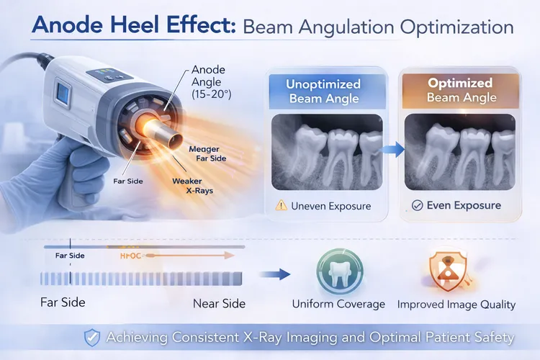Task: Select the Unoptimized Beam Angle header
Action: pos(325,91)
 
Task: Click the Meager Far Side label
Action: pos(210,153)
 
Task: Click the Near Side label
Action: pos(219,303)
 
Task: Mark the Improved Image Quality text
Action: pos(456,305)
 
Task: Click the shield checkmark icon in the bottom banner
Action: pos(92,336)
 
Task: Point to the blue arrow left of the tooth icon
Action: pos(274,274)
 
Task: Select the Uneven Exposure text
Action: pos(330,206)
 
